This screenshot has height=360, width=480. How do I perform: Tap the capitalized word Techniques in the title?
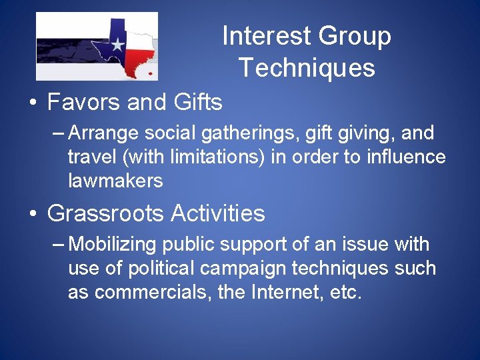[307, 68]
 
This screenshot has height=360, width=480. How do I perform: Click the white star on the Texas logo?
[117, 45]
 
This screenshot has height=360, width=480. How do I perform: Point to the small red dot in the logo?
[151, 73]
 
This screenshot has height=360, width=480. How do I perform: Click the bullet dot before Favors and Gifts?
[32, 104]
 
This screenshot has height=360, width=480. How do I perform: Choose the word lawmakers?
[115, 180]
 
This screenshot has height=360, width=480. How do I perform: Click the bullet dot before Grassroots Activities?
[32, 215]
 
